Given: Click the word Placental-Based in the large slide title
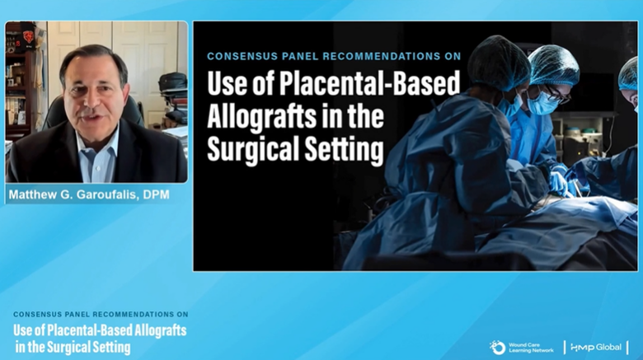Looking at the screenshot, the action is click(370, 85).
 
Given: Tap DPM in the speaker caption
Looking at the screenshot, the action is click(157, 194).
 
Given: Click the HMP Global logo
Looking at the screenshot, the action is click(596, 348).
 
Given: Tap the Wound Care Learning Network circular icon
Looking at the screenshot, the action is click(497, 348).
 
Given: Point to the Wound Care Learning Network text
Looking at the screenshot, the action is click(531, 348).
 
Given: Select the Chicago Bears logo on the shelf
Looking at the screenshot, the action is click(28, 36).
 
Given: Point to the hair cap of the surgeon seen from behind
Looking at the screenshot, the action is click(499, 62).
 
